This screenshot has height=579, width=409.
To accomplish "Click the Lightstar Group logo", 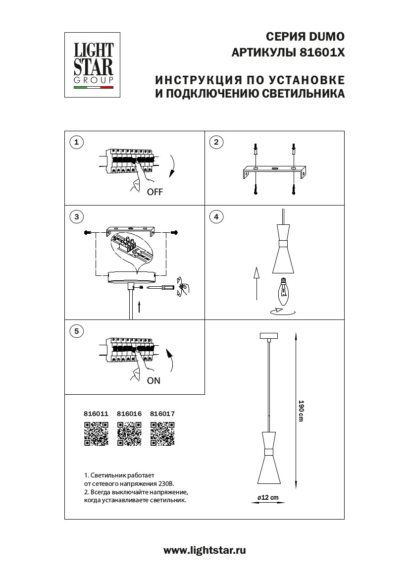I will click(94, 64).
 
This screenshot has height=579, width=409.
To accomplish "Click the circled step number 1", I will click(76, 143).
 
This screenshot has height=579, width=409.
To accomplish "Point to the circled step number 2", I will click(216, 143).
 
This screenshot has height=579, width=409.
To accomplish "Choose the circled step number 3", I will click(76, 216).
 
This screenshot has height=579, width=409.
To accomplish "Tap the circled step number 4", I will click(216, 216).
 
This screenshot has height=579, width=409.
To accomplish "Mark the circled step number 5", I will click(76, 331).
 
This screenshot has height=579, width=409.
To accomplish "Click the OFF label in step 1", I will click(154, 193).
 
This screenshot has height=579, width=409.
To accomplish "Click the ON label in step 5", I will click(153, 381).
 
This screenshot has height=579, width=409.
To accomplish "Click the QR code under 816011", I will click(96, 434).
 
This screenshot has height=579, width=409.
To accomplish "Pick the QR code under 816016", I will click(129, 434).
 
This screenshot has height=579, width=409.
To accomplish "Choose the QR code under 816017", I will click(162, 434).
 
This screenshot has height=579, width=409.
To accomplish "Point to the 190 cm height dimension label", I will click(300, 411).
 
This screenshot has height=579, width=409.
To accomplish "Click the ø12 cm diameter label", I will click(268, 497).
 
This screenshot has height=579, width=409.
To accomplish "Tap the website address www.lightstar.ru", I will click(204, 550).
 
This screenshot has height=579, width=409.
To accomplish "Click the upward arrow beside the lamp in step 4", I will click(256, 283).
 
